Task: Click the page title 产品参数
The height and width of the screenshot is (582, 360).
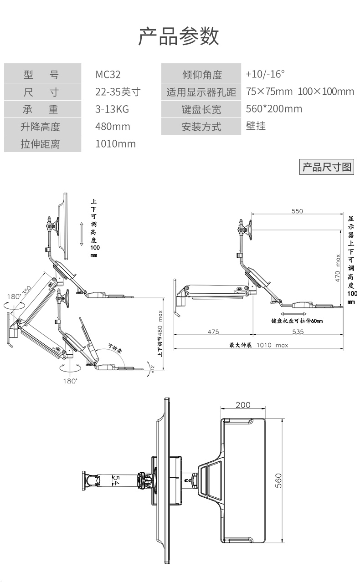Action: tap(179, 37)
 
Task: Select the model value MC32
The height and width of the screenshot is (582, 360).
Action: tap(108, 75)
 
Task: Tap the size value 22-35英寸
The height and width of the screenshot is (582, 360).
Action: tap(118, 92)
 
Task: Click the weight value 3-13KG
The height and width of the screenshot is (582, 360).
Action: tap(112, 109)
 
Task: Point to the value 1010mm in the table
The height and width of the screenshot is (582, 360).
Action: tap(115, 144)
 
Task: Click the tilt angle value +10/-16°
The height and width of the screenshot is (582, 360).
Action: tap(265, 74)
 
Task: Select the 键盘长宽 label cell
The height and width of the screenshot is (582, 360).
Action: tap(201, 110)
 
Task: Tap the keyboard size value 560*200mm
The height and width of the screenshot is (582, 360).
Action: tap(274, 109)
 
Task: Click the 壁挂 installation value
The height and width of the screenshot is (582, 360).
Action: tap(256, 126)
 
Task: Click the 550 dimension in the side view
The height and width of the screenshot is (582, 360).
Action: tap(297, 211)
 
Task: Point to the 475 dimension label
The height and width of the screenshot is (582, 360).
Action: tap(213, 332)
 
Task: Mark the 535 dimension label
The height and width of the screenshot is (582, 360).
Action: tap(297, 332)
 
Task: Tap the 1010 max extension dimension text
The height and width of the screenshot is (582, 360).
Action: tap(272, 345)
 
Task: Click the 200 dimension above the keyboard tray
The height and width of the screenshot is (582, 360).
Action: tap(243, 405)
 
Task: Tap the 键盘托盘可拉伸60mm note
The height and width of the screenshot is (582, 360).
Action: tap(297, 321)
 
